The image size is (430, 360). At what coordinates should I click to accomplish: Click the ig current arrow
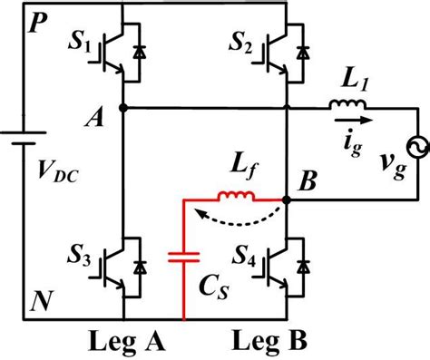[352, 119]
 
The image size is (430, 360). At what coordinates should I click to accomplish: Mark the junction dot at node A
[122, 107]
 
